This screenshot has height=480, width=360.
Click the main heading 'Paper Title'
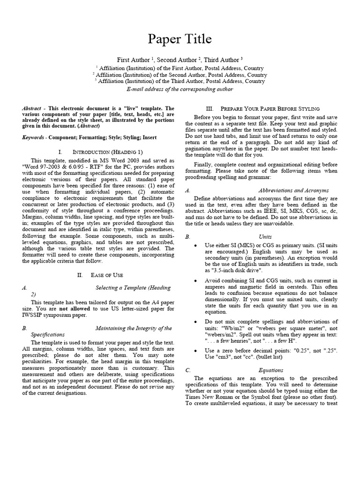click(x=180, y=39)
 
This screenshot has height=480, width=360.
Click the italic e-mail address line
click(x=180, y=89)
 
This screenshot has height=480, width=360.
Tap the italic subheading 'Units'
click(x=265, y=237)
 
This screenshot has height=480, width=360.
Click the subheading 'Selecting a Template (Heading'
click(x=133, y=288)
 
